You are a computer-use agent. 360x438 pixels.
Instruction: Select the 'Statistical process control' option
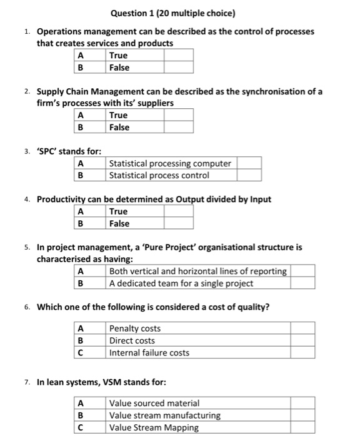coord(159,175)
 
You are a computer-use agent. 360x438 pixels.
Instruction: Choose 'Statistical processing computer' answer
coord(170,163)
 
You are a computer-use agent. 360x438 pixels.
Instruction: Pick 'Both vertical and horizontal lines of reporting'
coord(198,272)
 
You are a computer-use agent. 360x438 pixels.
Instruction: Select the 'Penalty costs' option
coord(135,328)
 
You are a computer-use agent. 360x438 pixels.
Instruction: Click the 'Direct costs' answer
coord(132,340)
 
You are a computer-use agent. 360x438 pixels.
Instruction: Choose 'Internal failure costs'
coord(149,352)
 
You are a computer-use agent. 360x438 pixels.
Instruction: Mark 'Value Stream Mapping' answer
coord(154,427)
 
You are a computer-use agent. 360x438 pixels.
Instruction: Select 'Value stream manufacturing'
coord(164,415)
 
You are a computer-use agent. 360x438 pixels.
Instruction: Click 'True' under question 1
coord(118,55)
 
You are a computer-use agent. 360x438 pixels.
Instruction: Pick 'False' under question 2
coord(119,127)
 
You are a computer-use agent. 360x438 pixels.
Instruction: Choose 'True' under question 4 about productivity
coord(118,211)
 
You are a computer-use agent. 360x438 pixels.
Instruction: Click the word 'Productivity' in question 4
coord(63,199)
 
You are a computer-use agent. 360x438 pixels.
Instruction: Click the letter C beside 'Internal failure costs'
coord(80,352)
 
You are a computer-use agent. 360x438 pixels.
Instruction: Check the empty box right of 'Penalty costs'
coord(302,328)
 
